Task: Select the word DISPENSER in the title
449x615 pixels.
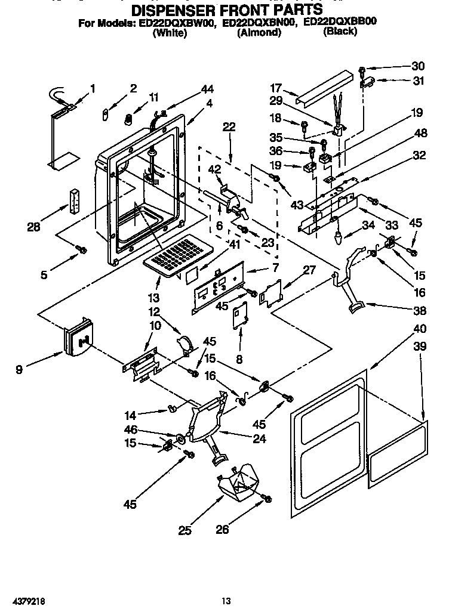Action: click(x=176, y=10)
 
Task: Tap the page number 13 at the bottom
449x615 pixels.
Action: click(x=226, y=600)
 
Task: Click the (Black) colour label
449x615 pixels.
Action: click(x=340, y=32)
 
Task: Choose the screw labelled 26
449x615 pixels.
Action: click(x=267, y=497)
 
